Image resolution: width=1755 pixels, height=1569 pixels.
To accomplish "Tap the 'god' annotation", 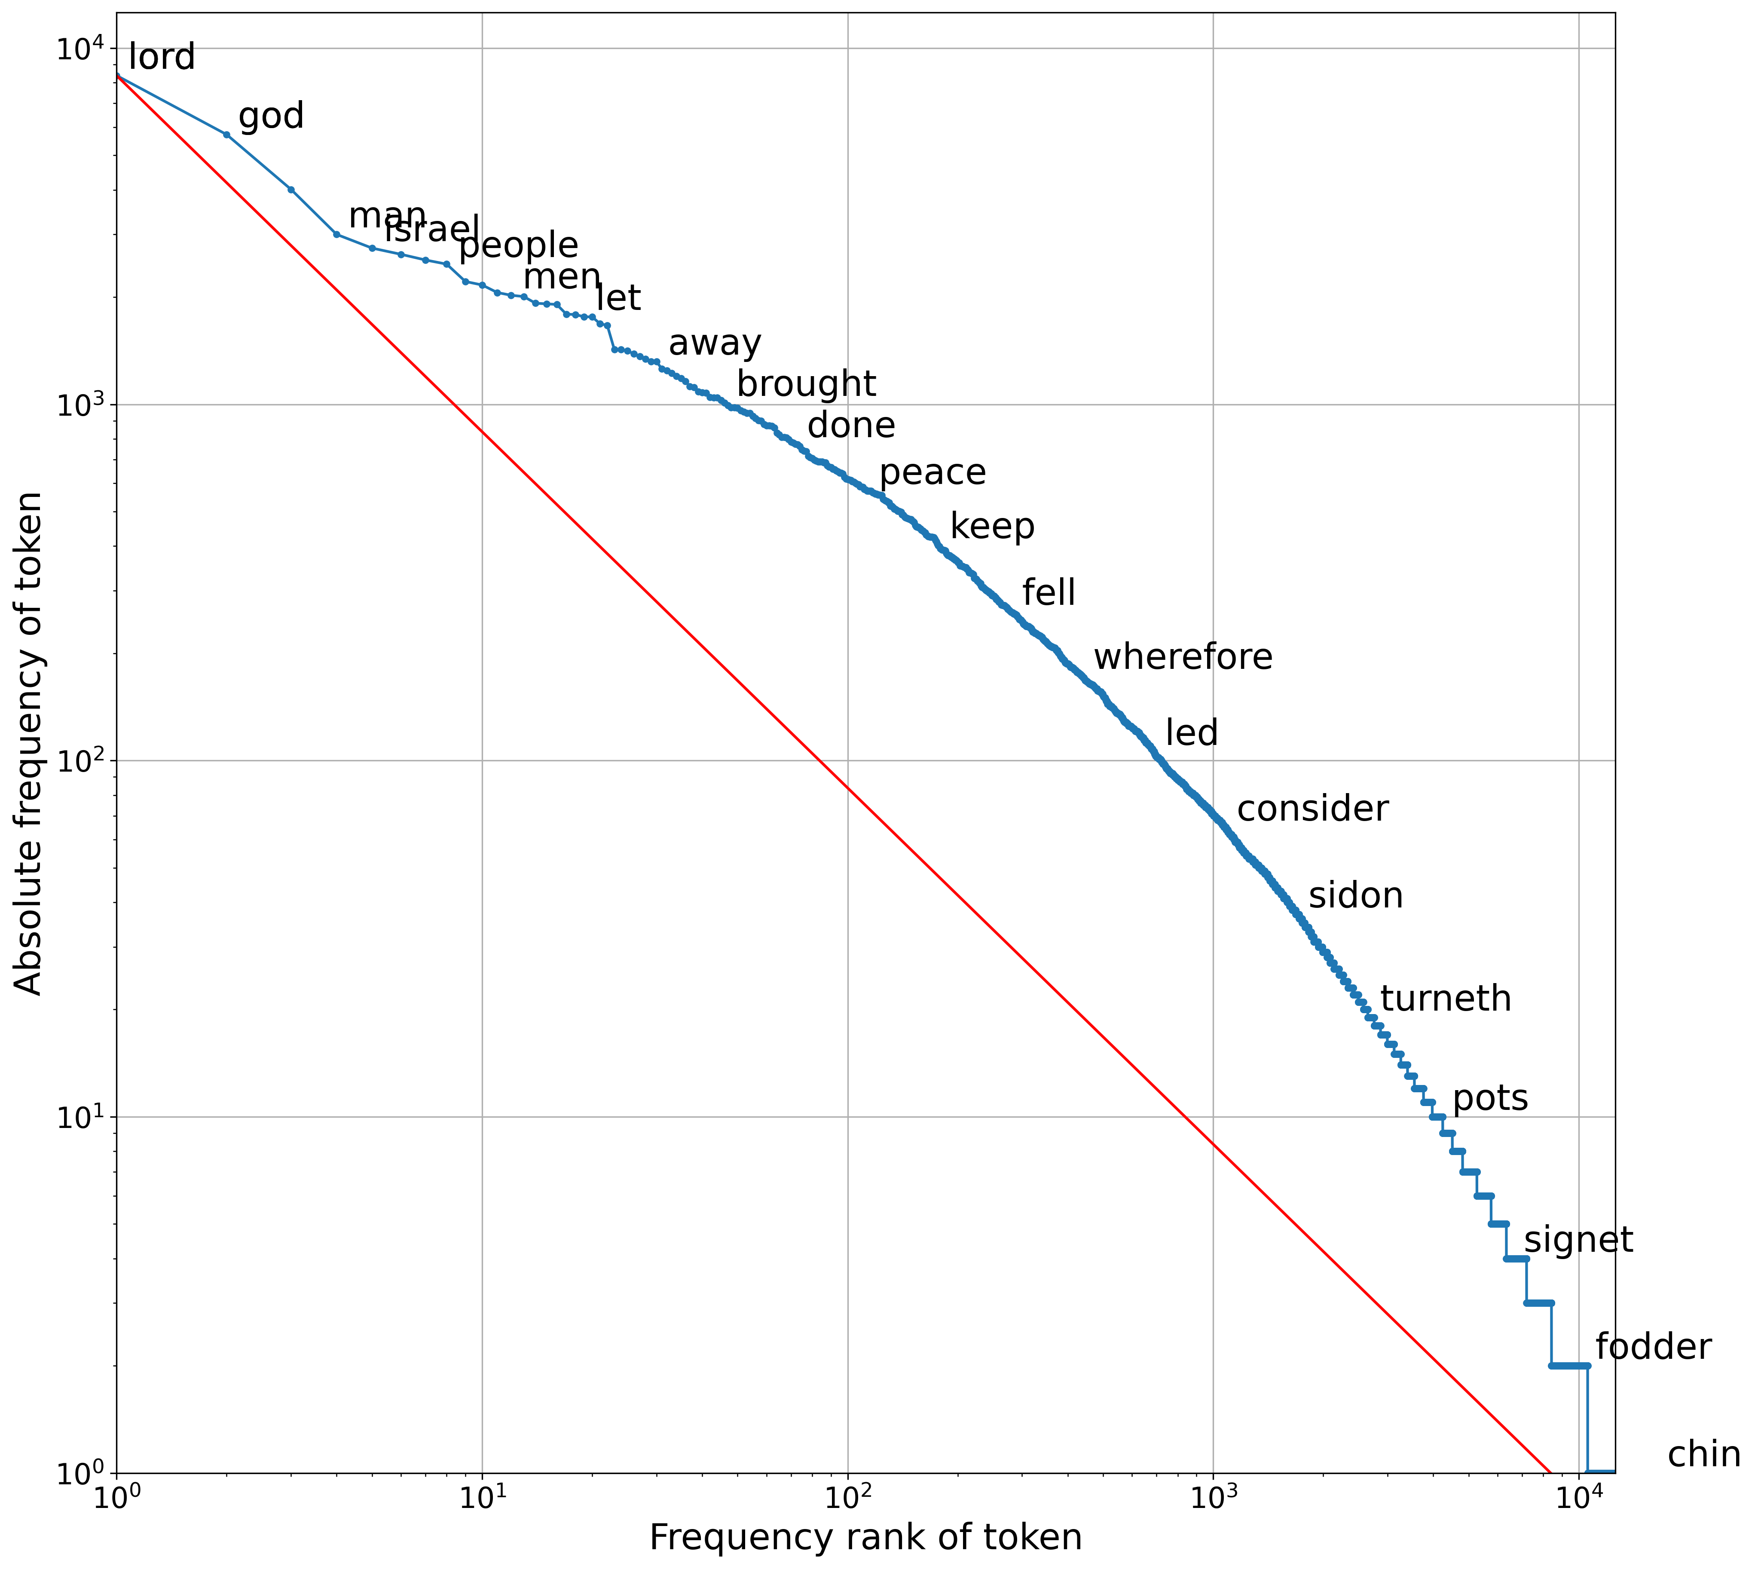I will click(271, 116).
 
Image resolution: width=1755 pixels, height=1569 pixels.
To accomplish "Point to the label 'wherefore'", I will click(1183, 658).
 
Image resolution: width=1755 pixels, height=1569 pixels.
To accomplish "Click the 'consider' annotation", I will click(1312, 809).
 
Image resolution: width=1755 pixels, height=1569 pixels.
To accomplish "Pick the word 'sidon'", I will click(1355, 897).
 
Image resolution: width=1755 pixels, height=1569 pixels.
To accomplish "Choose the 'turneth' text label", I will click(1446, 999).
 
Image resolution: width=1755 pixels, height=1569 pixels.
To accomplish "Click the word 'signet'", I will click(1578, 1241).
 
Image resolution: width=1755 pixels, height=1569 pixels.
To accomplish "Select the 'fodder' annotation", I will click(1652, 1348).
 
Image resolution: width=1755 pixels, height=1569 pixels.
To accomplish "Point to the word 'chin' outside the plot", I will click(1703, 1455).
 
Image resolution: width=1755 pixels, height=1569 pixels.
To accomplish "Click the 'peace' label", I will click(932, 473).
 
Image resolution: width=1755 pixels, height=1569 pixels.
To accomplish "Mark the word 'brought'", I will click(806, 384).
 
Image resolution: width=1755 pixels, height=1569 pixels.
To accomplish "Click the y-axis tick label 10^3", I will click(80, 405).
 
